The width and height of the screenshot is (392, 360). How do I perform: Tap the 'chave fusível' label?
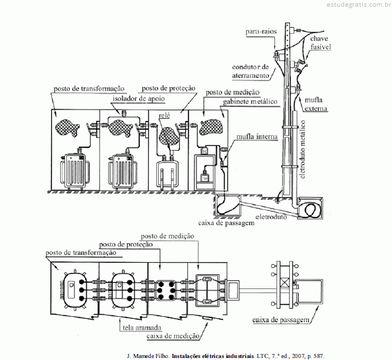coord(320,43)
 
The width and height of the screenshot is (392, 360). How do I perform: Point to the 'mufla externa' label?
coord(316,104)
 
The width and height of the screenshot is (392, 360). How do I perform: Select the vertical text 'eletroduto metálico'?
coord(303,149)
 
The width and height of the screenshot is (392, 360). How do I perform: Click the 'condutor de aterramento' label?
coord(251,71)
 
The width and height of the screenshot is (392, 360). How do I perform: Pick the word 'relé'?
coord(164,115)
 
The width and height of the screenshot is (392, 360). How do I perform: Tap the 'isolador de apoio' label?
coord(139,99)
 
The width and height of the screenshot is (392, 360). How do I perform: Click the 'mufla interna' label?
coord(257,136)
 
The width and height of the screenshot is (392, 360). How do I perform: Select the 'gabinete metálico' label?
coord(250,102)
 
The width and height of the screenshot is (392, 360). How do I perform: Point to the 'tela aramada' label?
coord(142,328)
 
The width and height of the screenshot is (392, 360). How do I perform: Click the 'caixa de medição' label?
coord(173,336)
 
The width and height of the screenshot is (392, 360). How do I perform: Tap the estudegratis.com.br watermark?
coord(359,4)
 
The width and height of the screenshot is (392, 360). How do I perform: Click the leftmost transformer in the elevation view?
coord(75,171)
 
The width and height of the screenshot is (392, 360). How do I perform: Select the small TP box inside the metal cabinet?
coord(205,178)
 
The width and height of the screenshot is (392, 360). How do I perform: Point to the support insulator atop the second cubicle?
coord(123,113)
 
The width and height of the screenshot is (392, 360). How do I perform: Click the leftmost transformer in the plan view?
coord(74,290)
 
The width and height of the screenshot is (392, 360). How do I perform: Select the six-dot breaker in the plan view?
coord(166,290)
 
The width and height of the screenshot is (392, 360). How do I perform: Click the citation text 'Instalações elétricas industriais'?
coord(212,356)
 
